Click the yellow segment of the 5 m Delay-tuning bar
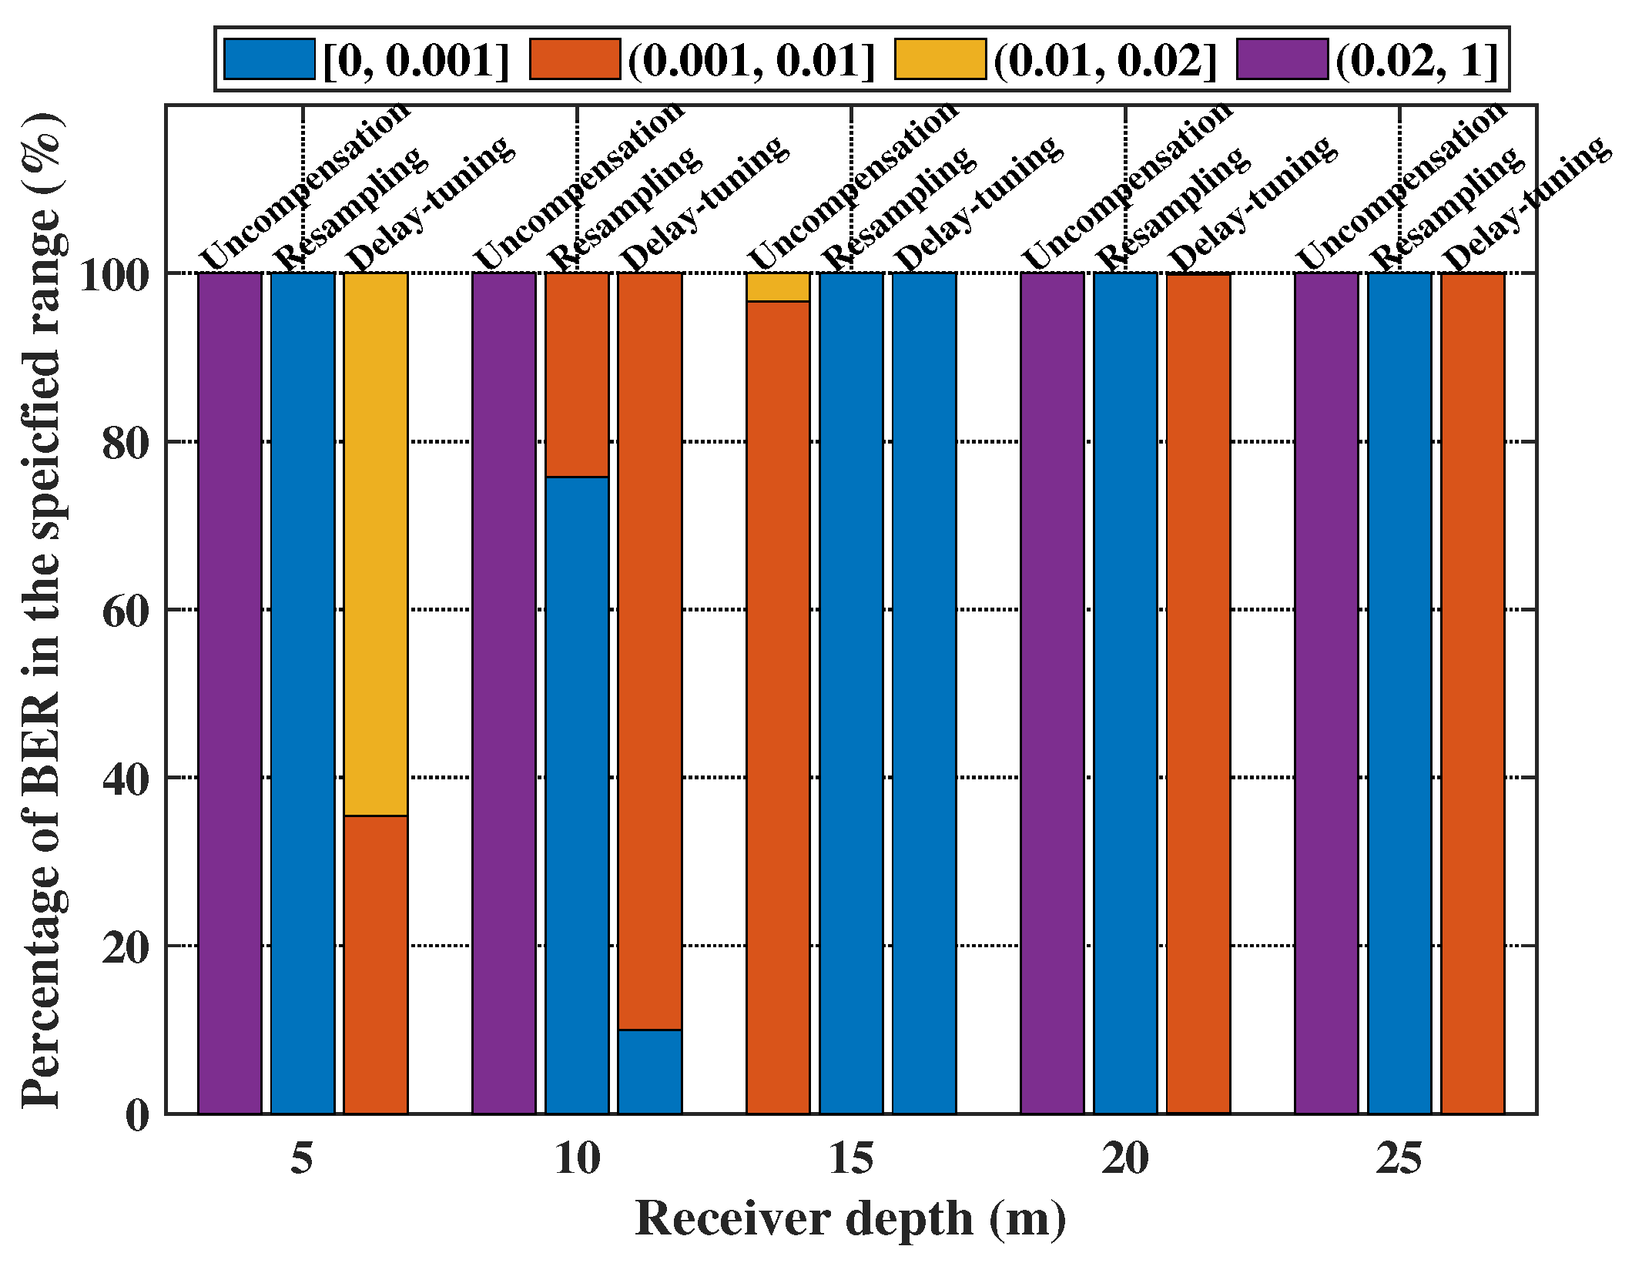[375, 543]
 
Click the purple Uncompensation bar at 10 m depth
[504, 693]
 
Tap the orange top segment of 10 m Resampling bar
[577, 374]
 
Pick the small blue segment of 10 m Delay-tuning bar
[649, 1071]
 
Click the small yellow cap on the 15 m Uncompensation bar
[778, 286]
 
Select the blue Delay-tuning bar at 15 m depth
[924, 693]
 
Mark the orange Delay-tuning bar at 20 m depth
[1198, 693]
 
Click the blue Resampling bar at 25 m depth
[1399, 693]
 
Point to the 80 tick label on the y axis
[126, 443]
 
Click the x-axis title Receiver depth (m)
[850, 1218]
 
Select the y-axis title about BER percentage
[42, 608]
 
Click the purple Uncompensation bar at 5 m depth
[230, 693]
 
